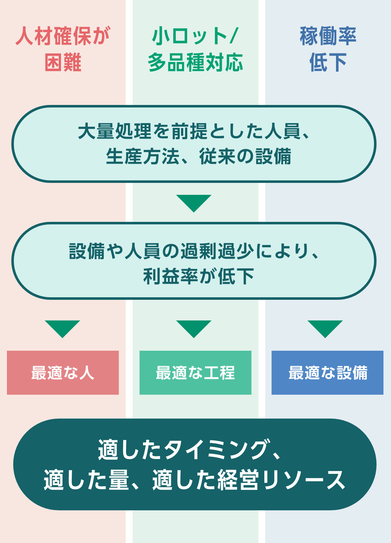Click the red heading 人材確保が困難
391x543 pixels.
(63, 49)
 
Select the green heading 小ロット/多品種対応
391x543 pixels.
(195, 49)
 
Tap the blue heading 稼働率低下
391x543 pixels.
(328, 49)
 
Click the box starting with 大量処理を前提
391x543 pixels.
(194, 144)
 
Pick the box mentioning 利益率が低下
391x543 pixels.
(194, 261)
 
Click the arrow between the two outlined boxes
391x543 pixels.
(194, 203)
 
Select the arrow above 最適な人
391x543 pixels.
(62, 329)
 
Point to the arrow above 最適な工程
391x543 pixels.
(194, 329)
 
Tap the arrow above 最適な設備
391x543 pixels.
(325, 329)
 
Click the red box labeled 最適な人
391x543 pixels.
(63, 373)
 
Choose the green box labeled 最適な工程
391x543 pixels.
(196, 373)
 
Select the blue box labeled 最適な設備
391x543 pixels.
(328, 373)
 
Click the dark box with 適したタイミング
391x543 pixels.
(195, 464)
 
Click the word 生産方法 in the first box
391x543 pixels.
(143, 156)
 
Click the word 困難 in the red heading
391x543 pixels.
(63, 62)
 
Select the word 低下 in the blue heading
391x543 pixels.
(328, 62)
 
